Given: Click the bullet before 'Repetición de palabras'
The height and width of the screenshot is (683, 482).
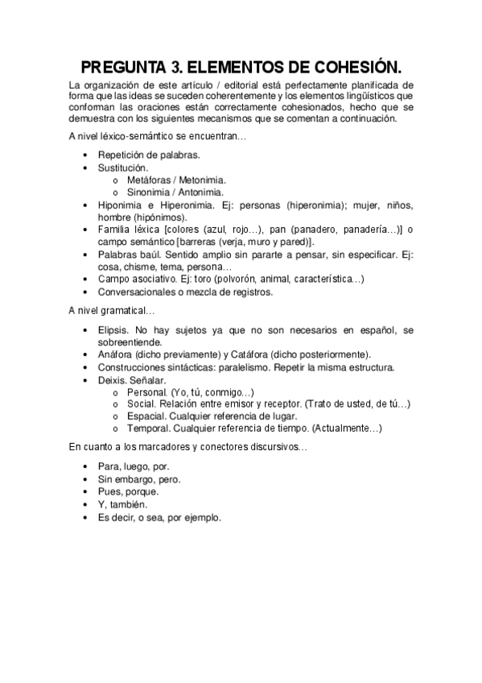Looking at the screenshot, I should tap(86, 155).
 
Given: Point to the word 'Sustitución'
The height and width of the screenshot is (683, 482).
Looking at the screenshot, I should tap(123, 168).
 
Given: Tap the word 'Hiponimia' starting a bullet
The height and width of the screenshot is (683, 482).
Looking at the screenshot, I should tap(120, 205).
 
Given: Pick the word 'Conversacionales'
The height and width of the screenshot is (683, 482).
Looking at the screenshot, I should tap(136, 292).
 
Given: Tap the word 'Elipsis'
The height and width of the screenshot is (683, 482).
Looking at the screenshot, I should tap(113, 331).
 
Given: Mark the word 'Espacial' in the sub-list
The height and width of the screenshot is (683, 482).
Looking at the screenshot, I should tap(146, 416).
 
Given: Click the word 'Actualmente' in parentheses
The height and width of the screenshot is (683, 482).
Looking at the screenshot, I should tap(346, 428).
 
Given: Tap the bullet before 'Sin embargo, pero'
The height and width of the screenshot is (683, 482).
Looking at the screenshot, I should tap(86, 479).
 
